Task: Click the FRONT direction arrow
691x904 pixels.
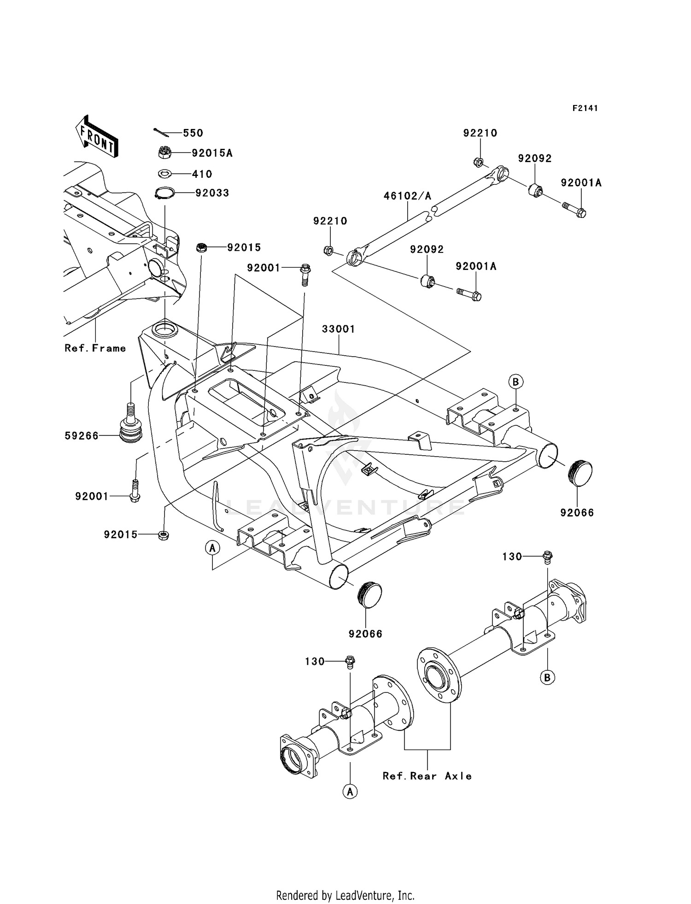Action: (97, 137)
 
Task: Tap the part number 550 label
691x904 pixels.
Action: (193, 133)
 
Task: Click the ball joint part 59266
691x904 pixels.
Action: (131, 424)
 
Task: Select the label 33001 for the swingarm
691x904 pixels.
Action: (338, 329)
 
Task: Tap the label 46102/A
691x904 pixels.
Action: (407, 196)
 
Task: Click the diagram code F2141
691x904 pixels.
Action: (585, 108)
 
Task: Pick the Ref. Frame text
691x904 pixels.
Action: (95, 348)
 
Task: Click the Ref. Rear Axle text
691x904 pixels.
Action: (427, 776)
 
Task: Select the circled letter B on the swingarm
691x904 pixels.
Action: (515, 382)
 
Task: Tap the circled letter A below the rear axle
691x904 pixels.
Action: (350, 792)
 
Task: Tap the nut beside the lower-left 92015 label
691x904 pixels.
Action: (163, 534)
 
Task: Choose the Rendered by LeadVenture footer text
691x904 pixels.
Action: (345, 895)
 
